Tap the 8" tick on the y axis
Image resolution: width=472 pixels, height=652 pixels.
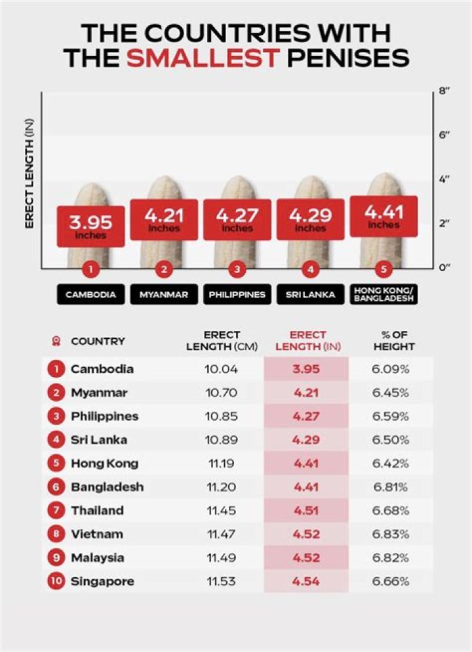(x=443, y=91)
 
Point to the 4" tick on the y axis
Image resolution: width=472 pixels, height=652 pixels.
(x=443, y=179)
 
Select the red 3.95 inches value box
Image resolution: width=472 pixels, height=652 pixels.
(x=91, y=226)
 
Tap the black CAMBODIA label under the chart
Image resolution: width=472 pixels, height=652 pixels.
(x=90, y=294)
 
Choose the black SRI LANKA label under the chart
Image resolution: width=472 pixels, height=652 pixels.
(x=310, y=294)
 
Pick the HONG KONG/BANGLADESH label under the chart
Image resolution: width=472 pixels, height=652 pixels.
(x=385, y=295)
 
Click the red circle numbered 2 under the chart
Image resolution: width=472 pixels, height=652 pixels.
(x=164, y=269)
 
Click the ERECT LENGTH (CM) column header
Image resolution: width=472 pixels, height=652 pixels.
(x=222, y=341)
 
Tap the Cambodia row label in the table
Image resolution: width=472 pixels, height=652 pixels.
(x=102, y=369)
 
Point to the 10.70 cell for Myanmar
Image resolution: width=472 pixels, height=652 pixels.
(x=222, y=393)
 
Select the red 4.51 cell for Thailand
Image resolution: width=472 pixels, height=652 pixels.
(x=306, y=511)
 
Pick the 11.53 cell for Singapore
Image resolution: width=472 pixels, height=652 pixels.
(x=222, y=582)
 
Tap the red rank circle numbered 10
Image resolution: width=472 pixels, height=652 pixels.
(x=56, y=582)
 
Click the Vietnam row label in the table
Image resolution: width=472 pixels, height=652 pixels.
(x=97, y=534)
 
